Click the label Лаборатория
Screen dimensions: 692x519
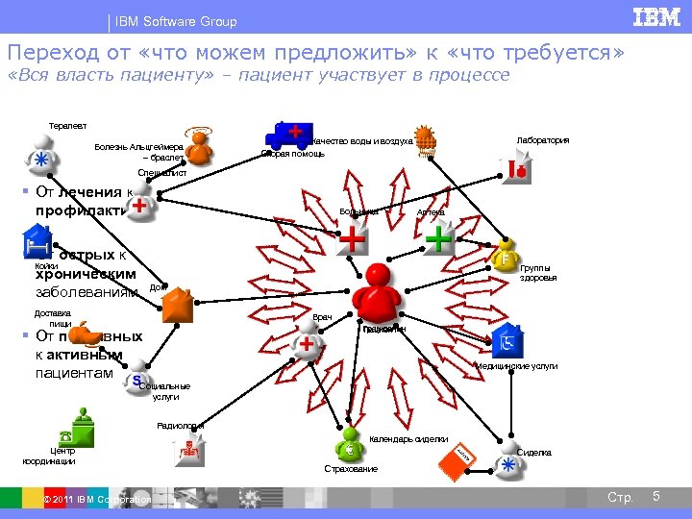pos(542,140)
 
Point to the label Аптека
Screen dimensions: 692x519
pos(431,211)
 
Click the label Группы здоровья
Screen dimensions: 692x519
pos(538,273)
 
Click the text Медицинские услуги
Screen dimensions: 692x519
pos(516,366)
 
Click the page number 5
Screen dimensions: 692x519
pos(655,496)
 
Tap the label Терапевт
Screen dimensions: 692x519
pos(67,125)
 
